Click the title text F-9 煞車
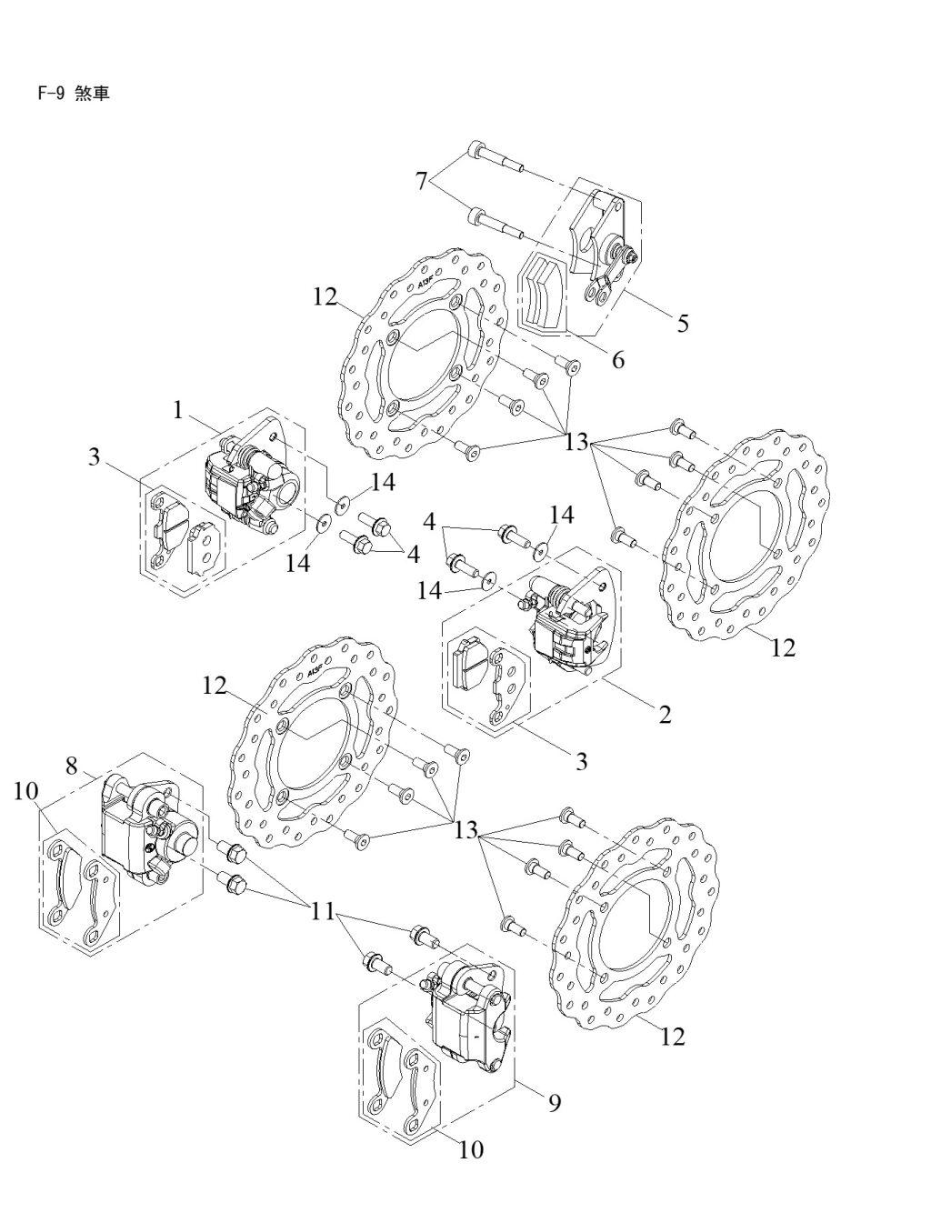coord(73,94)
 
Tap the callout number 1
coord(178,410)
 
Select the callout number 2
coord(665,715)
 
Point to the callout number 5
coord(683,324)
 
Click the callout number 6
coord(618,361)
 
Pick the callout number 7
coord(422,180)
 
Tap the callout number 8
coord(72,766)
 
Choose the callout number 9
coord(555,1103)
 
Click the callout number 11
coord(322,911)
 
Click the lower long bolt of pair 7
coord(496,222)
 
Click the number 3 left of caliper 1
coord(94,456)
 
